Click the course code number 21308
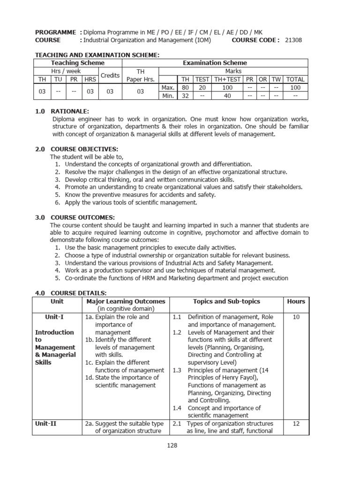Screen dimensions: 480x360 [x=293, y=40]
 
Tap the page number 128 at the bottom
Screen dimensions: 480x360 [x=172, y=445]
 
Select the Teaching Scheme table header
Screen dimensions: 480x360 [x=78, y=63]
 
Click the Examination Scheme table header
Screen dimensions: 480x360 [x=215, y=63]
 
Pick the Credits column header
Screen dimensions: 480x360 [x=110, y=75]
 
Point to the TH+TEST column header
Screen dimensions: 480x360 [x=227, y=79]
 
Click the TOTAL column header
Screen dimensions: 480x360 [x=295, y=79]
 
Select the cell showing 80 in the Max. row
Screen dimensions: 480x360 [x=186, y=88]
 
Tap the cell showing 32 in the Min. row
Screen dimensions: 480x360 [x=186, y=96]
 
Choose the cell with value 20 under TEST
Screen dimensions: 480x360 [x=202, y=88]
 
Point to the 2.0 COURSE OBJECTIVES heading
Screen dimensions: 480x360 [x=77, y=149]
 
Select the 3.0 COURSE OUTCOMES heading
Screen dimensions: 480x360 [x=75, y=217]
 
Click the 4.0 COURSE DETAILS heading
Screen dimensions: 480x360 [x=71, y=293]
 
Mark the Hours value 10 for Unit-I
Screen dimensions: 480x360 [x=296, y=317]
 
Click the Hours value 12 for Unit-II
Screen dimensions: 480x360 [x=296, y=423]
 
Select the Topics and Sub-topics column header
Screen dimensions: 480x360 [x=226, y=301]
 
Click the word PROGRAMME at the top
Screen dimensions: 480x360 [x=55, y=32]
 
